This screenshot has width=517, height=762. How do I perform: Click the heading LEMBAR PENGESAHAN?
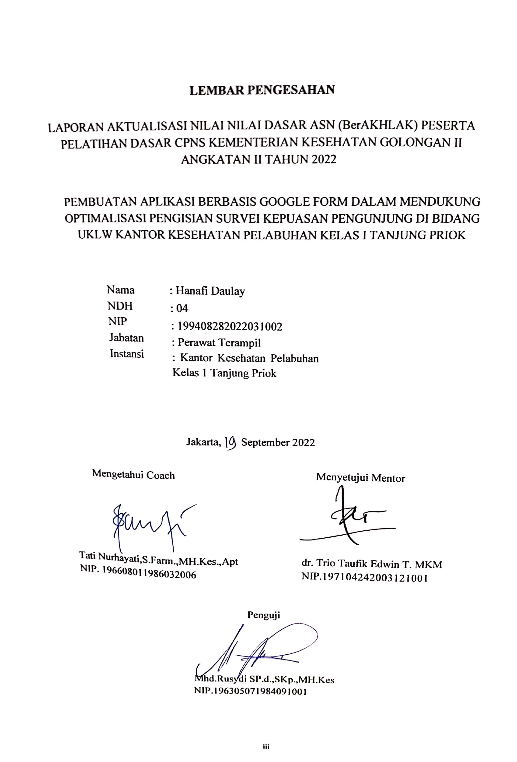[x=262, y=90]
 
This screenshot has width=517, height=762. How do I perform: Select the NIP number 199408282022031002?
[x=229, y=326]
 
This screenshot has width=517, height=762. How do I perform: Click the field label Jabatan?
[x=126, y=338]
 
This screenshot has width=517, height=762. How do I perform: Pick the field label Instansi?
[x=127, y=354]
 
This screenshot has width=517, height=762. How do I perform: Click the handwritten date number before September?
[x=231, y=443]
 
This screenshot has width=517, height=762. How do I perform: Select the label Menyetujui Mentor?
[x=360, y=478]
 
